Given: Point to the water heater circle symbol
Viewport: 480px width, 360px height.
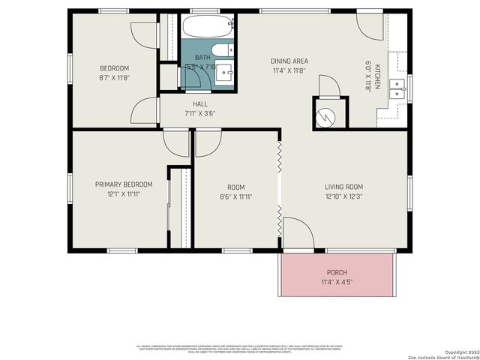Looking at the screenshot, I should pyautogui.click(x=328, y=116).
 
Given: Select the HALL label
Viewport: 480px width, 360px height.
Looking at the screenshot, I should pyautogui.click(x=200, y=104).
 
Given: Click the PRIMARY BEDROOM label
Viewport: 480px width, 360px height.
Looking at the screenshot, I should pyautogui.click(x=124, y=184).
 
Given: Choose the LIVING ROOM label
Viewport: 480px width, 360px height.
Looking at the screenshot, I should pyautogui.click(x=343, y=187).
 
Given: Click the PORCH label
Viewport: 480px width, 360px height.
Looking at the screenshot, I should pyautogui.click(x=337, y=272).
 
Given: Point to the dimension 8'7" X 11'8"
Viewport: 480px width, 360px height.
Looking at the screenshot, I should pyautogui.click(x=114, y=77).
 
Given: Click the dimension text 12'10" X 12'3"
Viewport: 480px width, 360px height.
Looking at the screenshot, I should pyautogui.click(x=343, y=197).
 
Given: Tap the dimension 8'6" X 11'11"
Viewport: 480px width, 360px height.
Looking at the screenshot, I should pyautogui.click(x=235, y=197).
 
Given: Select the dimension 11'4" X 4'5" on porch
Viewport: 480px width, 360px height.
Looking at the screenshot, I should pyautogui.click(x=337, y=283).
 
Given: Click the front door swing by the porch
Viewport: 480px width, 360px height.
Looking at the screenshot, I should pyautogui.click(x=296, y=234).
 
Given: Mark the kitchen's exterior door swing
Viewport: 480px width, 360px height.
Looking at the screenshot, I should pyautogui.click(x=368, y=27).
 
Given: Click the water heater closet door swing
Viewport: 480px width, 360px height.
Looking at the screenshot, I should pyautogui.click(x=328, y=87).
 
